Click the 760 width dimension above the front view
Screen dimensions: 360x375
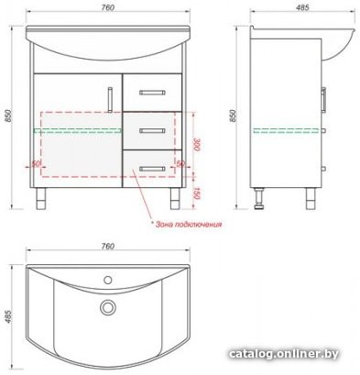pyautogui.click(x=108, y=7)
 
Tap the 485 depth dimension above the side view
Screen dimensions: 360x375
pyautogui.click(x=302, y=7)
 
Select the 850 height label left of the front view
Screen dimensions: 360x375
pyautogui.click(x=8, y=116)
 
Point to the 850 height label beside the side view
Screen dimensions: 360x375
pyautogui.click(x=233, y=116)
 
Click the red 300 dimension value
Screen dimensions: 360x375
pyautogui.click(x=196, y=145)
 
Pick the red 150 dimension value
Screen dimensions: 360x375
pyautogui.click(x=196, y=193)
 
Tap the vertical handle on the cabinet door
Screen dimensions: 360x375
pyautogui.click(x=110, y=99)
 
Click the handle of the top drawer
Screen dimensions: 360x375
pyautogui.click(x=152, y=93)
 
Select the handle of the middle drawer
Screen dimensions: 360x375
pyautogui.click(x=152, y=131)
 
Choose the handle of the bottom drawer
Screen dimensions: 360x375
pyautogui.click(x=152, y=169)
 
